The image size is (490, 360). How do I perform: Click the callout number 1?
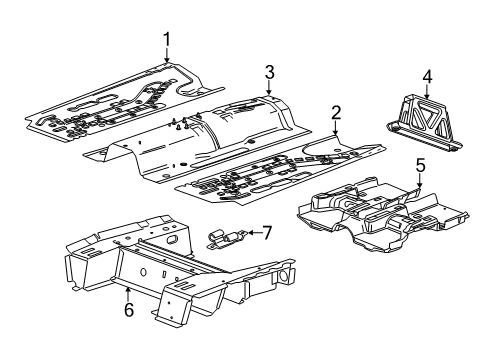(167, 39)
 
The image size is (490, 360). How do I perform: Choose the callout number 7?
(267, 233)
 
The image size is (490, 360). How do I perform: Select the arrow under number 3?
(269, 87)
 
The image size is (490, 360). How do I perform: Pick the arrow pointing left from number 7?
(252, 233)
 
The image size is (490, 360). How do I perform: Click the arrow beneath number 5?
(421, 181)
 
